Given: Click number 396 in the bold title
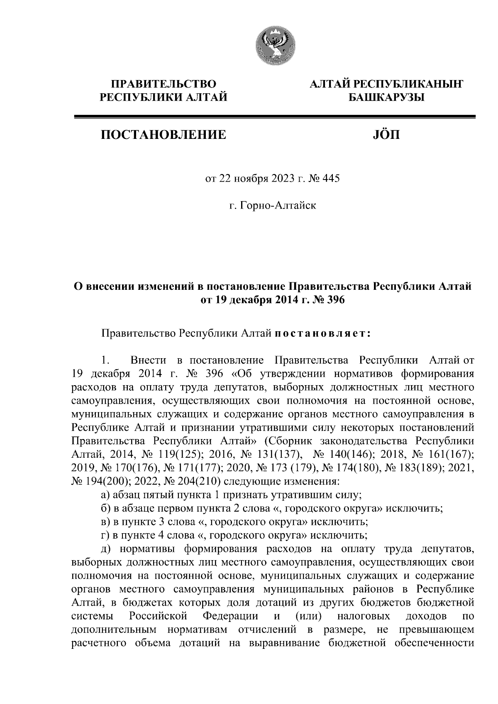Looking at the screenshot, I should coord(336,300).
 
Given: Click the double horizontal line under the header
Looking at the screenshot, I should coord(274,117).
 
